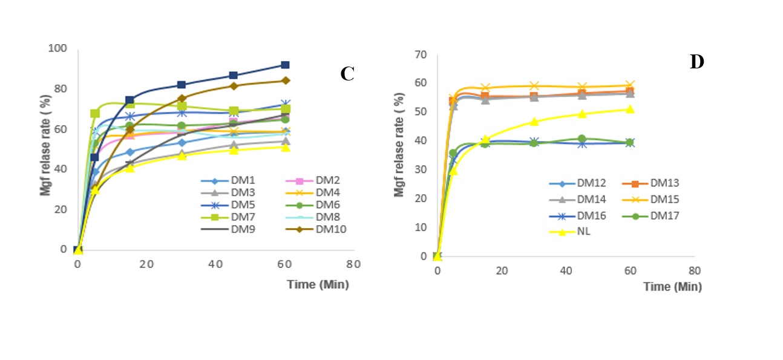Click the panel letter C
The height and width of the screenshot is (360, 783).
pyautogui.click(x=347, y=74)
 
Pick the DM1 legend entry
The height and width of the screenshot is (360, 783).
pyautogui.click(x=232, y=180)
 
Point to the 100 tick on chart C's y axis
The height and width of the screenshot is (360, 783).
pyautogui.click(x=59, y=48)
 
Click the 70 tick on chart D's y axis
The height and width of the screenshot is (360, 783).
pyautogui.click(x=420, y=55)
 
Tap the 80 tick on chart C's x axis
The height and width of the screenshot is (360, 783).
pyautogui.click(x=353, y=264)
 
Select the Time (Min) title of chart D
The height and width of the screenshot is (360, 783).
pyautogui.click(x=672, y=287)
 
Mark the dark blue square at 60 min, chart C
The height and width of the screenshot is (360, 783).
pyautogui.click(x=286, y=65)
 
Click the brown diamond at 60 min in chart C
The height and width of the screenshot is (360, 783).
pyautogui.click(x=286, y=80)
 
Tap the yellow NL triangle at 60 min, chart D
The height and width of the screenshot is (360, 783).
pyautogui.click(x=629, y=110)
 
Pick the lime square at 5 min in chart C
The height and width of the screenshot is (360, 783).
pyautogui.click(x=95, y=113)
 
